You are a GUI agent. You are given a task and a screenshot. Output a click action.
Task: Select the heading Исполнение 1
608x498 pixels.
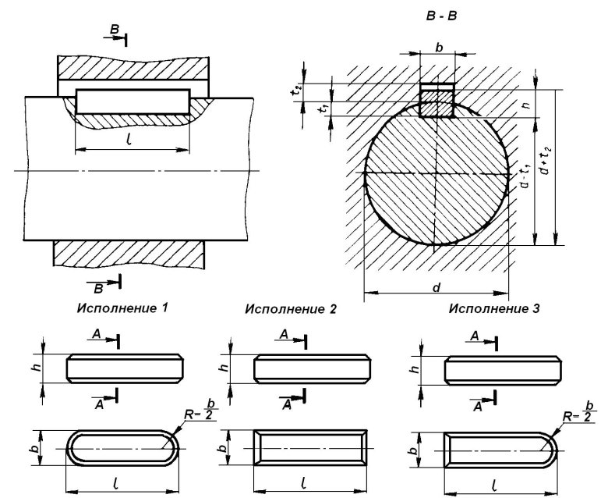click(x=122, y=307)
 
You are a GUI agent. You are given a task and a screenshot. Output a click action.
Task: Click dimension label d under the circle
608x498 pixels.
click(x=437, y=288)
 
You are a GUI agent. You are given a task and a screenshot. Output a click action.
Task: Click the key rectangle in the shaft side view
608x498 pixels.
click(x=133, y=102)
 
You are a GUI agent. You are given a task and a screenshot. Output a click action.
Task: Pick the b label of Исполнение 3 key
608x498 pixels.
click(x=412, y=450)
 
